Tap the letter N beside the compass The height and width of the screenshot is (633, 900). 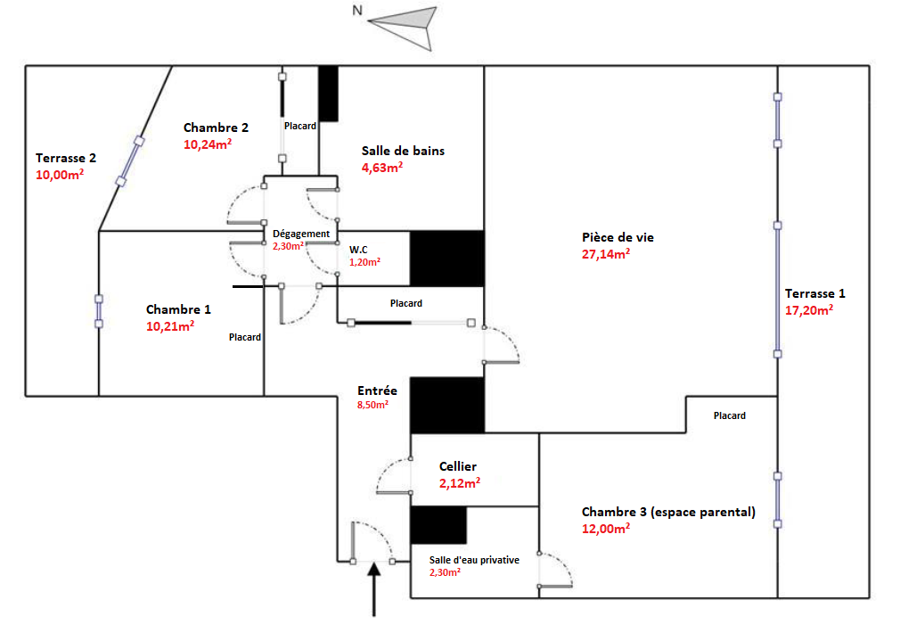356,12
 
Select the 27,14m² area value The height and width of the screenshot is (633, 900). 605,254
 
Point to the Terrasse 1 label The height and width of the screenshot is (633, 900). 815,293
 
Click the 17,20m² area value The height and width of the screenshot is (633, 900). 809,310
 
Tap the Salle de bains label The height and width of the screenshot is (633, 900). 403,151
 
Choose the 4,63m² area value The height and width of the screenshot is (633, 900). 381,168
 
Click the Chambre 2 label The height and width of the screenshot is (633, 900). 216,127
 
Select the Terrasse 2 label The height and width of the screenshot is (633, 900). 66,158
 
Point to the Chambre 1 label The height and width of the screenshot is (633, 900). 178,309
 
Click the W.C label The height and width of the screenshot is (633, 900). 360,249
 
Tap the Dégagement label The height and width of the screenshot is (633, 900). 301,234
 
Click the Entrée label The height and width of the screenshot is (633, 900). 377,390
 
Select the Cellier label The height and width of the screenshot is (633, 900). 458,466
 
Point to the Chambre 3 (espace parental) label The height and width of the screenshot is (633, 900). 668,512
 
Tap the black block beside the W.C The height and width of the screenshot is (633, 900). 446,259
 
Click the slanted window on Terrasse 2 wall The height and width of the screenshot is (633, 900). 129,161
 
